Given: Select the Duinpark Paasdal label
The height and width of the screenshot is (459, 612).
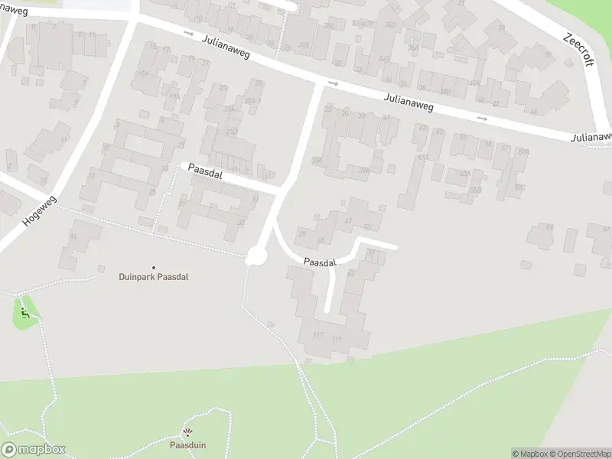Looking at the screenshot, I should pos(153,277).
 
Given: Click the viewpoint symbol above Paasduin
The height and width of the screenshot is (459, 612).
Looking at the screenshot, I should pos(187,432).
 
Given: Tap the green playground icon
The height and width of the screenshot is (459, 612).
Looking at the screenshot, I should pos(25,313).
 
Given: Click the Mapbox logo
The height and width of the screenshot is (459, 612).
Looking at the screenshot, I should pos(33,450).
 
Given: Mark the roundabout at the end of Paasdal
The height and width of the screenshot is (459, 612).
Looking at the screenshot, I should pos(255,257).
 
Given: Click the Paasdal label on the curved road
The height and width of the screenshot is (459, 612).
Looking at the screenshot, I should pos(319,262).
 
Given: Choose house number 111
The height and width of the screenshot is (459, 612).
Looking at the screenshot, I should pos(337,337).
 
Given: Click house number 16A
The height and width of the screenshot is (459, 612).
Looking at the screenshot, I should pos(142,73).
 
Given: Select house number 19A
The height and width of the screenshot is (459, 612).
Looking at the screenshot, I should pos(173,96).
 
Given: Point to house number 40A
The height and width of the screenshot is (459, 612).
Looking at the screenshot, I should pos(474,83).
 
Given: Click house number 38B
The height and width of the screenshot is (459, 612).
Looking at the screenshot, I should pos(444,92).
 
